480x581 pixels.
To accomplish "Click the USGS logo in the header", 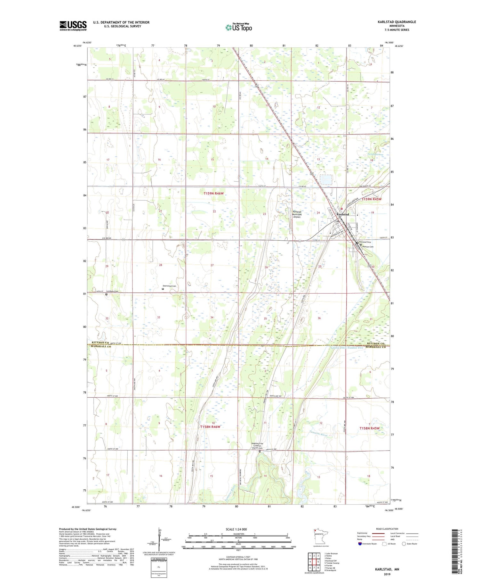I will [73, 26].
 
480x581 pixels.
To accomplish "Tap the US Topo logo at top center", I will [238, 27].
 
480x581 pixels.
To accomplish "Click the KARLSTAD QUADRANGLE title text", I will [397, 22].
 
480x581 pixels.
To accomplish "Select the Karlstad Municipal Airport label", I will [297, 214].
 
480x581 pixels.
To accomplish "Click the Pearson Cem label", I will [368, 247].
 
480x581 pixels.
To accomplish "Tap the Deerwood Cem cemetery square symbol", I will [163, 289].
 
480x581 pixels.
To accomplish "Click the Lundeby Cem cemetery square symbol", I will [107, 294].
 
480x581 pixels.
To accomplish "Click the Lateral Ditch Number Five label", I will [347, 348].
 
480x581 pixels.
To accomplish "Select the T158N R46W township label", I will [210, 427].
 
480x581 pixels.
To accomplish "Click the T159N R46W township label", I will [213, 193].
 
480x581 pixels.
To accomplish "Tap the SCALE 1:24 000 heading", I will [236, 529].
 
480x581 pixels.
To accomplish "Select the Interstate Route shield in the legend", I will [360, 544].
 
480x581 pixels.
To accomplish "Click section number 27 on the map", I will [212, 265].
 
